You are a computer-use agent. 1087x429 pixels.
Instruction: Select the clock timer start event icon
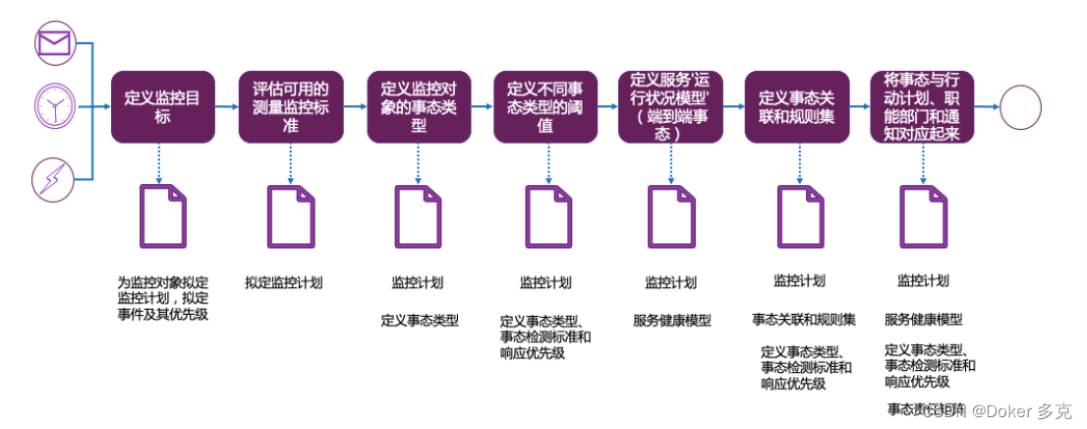[x=53, y=106]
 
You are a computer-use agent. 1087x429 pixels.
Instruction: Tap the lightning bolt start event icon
[x=53, y=179]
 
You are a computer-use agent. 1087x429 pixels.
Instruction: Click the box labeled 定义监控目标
[x=162, y=106]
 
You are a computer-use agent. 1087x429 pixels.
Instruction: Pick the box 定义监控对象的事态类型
[x=418, y=106]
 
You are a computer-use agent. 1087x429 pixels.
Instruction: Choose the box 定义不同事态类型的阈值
[x=544, y=106]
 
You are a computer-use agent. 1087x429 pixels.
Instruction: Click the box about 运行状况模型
[x=671, y=106]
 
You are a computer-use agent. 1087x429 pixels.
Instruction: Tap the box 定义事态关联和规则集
[x=797, y=106]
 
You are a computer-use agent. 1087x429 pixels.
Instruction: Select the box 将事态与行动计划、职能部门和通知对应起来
[x=923, y=106]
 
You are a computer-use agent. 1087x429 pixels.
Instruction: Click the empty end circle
[x=1021, y=106]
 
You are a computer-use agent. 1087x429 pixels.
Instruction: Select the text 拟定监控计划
[x=284, y=283]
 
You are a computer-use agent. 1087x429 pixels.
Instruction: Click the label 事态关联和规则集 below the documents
[x=804, y=320]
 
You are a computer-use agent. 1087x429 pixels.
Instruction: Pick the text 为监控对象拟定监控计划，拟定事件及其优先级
[x=163, y=298]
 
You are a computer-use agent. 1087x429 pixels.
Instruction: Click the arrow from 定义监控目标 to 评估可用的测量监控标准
[x=226, y=106]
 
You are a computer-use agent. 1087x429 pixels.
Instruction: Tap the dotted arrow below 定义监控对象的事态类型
[x=418, y=163]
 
